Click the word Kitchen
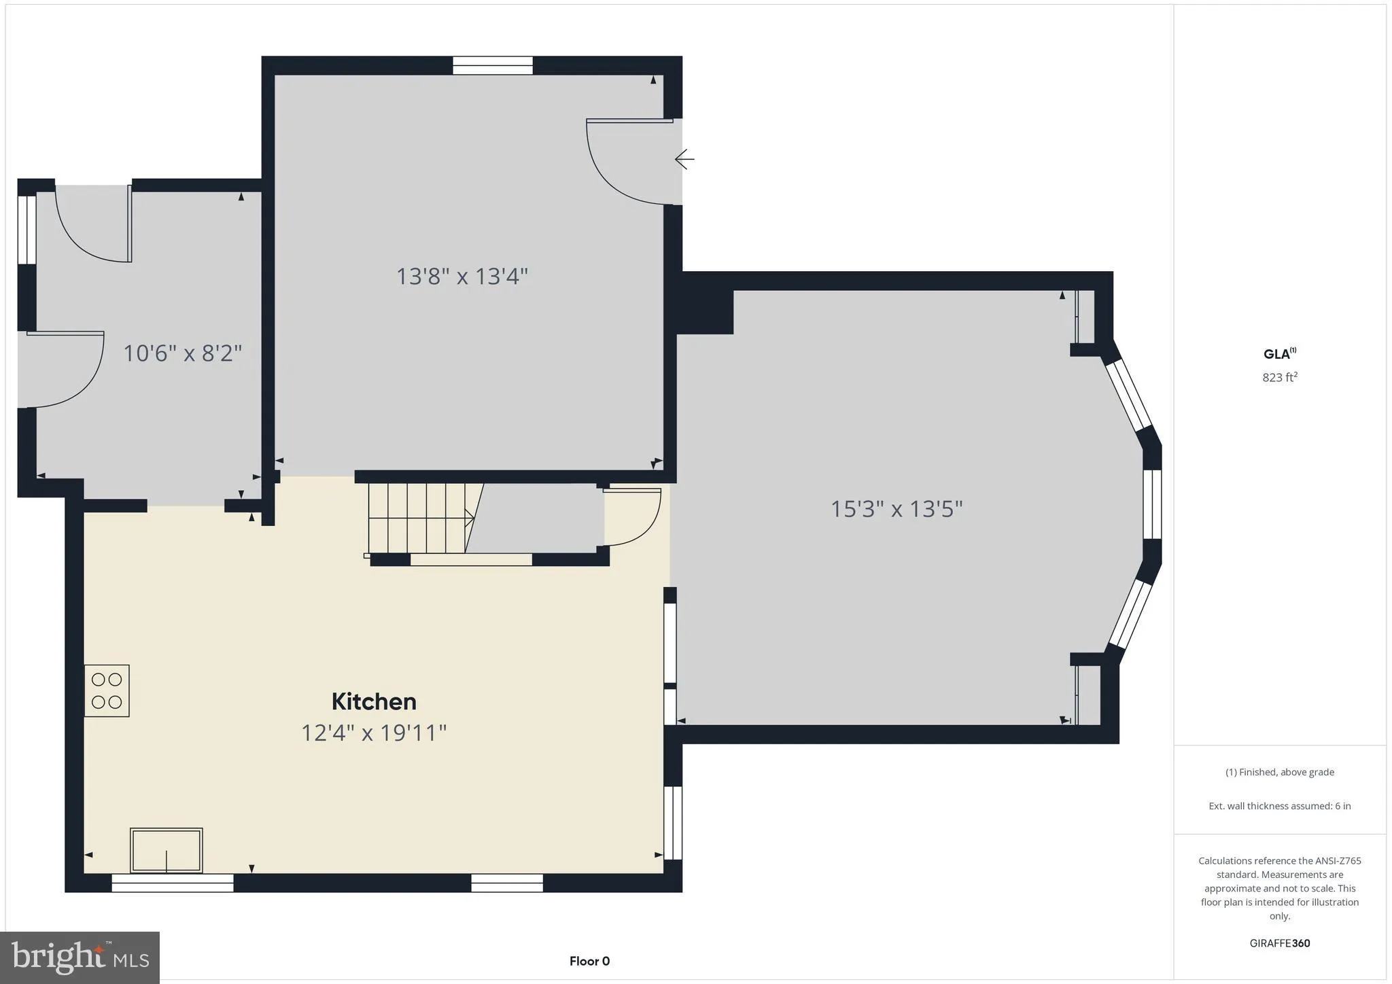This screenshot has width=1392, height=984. (x=374, y=701)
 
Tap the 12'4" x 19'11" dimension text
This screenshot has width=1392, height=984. (x=374, y=733)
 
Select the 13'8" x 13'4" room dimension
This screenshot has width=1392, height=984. (x=462, y=277)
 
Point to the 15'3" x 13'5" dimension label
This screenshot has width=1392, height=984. (x=897, y=509)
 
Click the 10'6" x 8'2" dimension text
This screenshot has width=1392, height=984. (x=182, y=353)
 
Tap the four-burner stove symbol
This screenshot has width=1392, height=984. (x=107, y=690)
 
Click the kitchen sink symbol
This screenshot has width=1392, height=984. (x=167, y=850)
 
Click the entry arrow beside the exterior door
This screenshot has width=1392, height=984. (x=684, y=159)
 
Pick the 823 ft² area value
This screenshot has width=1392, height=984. (x=1279, y=377)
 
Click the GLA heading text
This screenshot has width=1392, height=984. (x=1278, y=353)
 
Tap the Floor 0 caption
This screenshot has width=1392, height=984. (x=589, y=961)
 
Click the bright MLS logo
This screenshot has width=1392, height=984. (x=80, y=957)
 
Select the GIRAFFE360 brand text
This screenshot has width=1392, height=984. (x=1279, y=943)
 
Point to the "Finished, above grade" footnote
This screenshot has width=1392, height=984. (x=1279, y=772)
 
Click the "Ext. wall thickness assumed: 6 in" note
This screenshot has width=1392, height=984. (x=1279, y=806)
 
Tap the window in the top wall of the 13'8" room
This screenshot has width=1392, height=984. (x=493, y=66)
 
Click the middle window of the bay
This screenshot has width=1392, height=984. (x=1151, y=504)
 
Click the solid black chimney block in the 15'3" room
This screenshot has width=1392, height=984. (x=706, y=311)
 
